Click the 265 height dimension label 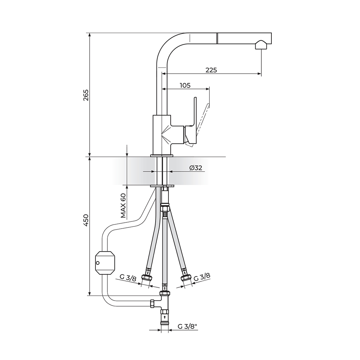click(x=86, y=95)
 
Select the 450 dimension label click(x=86, y=220)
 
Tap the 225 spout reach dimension click(x=211, y=70)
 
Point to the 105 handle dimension click(x=185, y=85)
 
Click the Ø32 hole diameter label click(x=196, y=168)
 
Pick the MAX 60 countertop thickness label click(x=123, y=206)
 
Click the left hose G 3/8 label click(x=128, y=278)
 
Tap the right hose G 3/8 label click(x=202, y=276)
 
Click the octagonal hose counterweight click(x=105, y=263)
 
